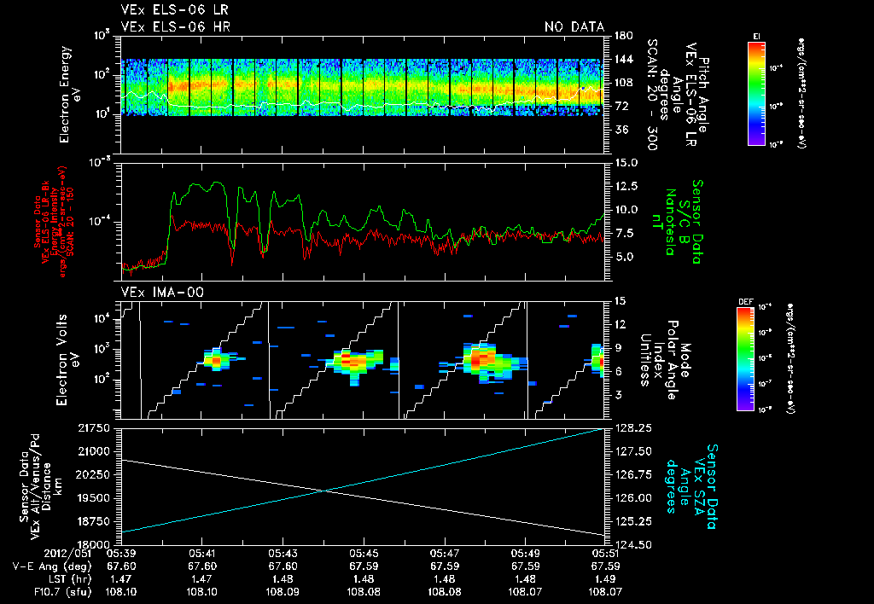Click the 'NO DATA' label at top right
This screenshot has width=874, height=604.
click(574, 27)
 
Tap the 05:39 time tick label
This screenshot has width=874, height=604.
click(121, 552)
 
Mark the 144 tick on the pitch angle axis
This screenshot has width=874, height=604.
click(623, 60)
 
